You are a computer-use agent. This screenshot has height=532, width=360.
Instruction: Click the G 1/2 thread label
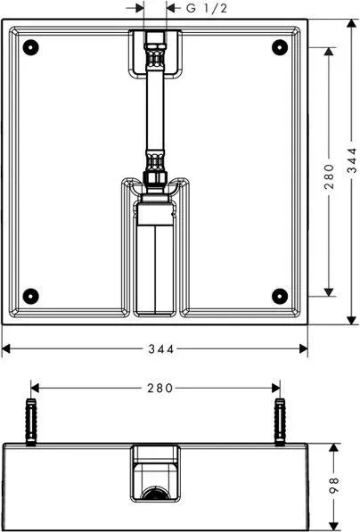point(207,8)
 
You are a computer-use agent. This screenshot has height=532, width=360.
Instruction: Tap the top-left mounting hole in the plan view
point(30,47)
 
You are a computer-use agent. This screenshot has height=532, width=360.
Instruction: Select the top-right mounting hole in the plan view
point(280,47)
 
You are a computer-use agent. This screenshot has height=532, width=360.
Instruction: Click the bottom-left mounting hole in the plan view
point(30,296)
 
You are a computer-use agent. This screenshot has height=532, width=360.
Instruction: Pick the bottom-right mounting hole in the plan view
point(280,296)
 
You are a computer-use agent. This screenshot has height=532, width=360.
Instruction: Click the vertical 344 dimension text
point(352,160)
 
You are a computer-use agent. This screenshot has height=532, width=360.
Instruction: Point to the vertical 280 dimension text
point(329,176)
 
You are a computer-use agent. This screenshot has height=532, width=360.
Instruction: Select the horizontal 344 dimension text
point(161,348)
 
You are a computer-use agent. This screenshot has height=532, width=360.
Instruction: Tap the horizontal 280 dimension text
point(160,388)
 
